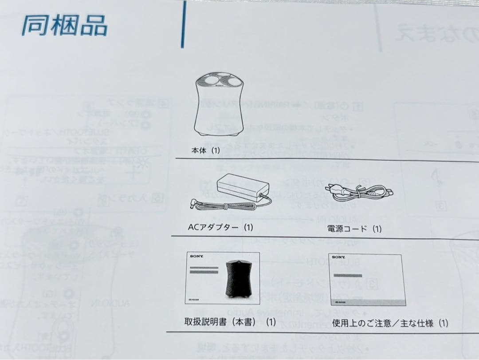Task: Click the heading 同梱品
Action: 64,26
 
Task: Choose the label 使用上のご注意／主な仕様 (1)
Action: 390,323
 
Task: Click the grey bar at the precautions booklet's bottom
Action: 367,302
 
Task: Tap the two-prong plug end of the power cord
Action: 330,188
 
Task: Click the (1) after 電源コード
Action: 377,229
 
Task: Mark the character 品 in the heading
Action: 94,26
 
